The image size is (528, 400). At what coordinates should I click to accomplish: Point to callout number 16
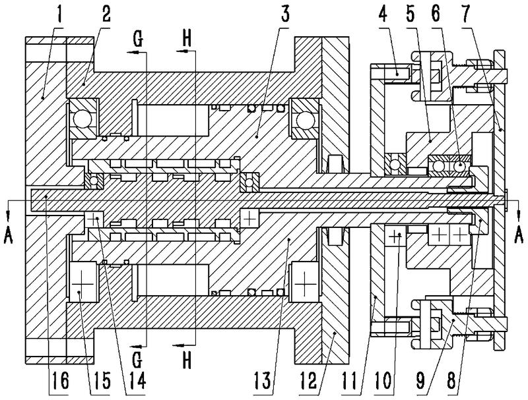tap(60, 381)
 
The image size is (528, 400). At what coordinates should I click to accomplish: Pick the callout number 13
tap(262, 381)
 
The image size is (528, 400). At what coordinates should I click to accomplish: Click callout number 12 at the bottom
tap(308, 381)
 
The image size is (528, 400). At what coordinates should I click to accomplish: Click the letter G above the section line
tap(138, 39)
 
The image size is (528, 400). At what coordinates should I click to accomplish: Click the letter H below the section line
tap(187, 361)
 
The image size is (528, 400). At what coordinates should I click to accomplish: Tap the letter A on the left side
tap(9, 234)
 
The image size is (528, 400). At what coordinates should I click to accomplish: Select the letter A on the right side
tap(519, 234)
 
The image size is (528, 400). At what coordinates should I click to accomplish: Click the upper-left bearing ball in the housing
tap(82, 119)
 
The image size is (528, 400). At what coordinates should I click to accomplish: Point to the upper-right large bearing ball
tap(305, 119)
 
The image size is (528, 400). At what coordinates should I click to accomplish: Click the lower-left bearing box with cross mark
tap(82, 284)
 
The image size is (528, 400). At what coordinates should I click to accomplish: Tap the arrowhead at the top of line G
tap(133, 52)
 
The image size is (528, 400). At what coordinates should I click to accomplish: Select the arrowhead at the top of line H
tap(182, 51)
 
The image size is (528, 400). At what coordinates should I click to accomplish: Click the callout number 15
tap(101, 381)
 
